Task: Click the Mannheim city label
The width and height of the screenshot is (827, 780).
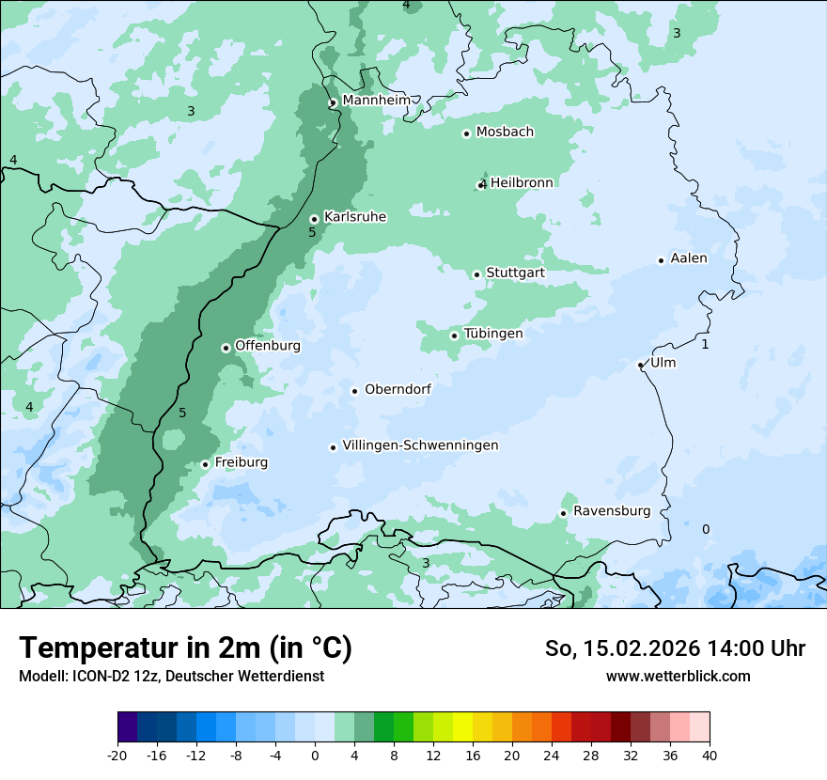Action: tap(376, 100)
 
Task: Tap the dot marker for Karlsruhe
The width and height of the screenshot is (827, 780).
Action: tap(314, 220)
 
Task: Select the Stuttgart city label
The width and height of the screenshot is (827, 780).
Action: tap(515, 273)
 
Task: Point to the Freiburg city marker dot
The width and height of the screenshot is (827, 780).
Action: tap(205, 464)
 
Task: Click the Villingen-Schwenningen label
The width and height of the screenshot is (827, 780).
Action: tap(420, 445)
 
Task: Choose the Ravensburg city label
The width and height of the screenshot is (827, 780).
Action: tap(612, 511)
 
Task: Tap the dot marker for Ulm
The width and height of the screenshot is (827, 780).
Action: tap(640, 366)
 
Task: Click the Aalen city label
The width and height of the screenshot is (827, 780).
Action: tap(689, 258)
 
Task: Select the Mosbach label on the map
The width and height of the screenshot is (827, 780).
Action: tap(505, 133)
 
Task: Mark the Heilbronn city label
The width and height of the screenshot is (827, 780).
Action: tap(522, 182)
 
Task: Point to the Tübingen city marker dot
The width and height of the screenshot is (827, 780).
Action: tap(454, 335)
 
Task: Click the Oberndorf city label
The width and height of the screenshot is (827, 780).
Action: tap(398, 389)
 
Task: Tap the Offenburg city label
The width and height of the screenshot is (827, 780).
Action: tap(268, 346)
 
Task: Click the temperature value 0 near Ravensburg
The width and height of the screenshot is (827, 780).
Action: tap(706, 529)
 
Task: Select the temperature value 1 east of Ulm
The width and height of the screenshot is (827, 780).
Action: tap(705, 345)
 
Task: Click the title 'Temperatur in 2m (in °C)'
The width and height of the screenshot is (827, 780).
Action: tap(186, 647)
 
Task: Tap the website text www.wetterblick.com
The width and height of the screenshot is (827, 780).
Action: tap(678, 676)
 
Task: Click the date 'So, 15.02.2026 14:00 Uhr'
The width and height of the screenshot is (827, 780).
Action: tap(675, 648)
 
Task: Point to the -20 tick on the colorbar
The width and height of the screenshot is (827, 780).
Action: tap(117, 755)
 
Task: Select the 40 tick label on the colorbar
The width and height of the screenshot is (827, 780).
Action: tap(710, 755)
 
